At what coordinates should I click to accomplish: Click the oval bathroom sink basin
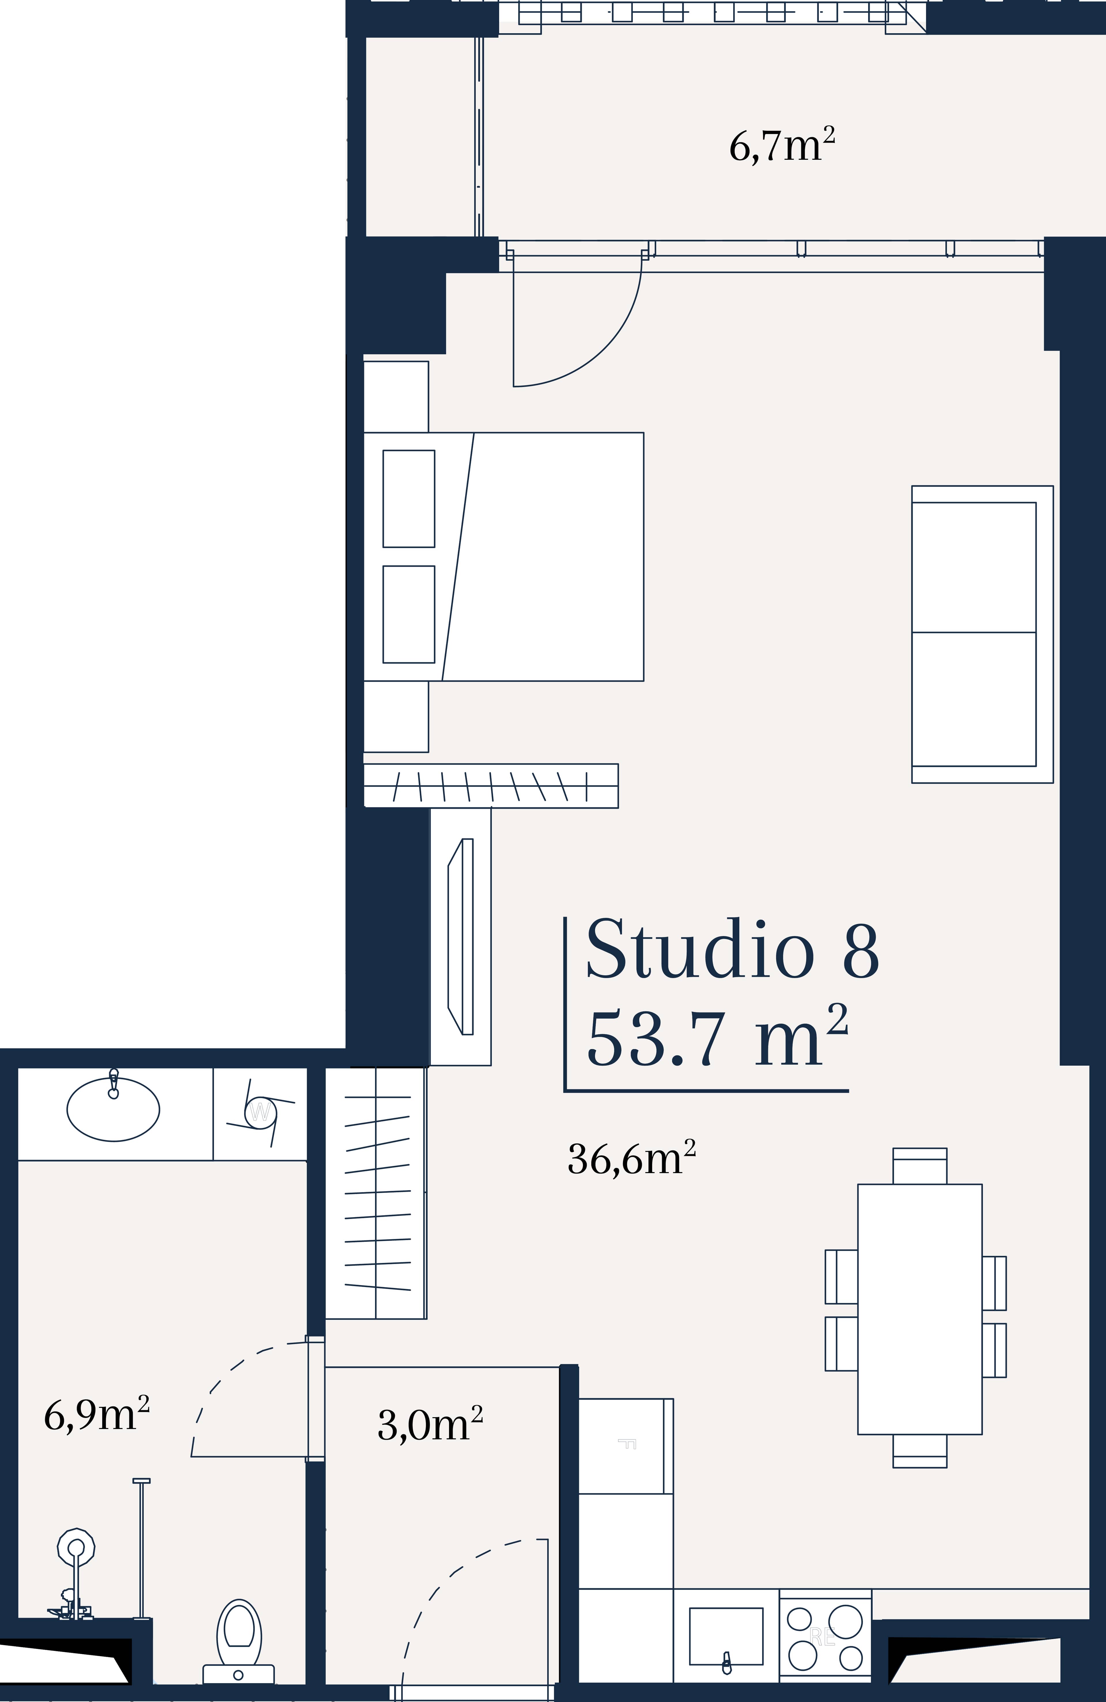113,1109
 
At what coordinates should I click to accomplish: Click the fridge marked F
625,1445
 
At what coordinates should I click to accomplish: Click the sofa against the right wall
982,634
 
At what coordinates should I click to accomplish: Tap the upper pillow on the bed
408,498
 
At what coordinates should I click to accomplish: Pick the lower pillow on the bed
408,614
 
